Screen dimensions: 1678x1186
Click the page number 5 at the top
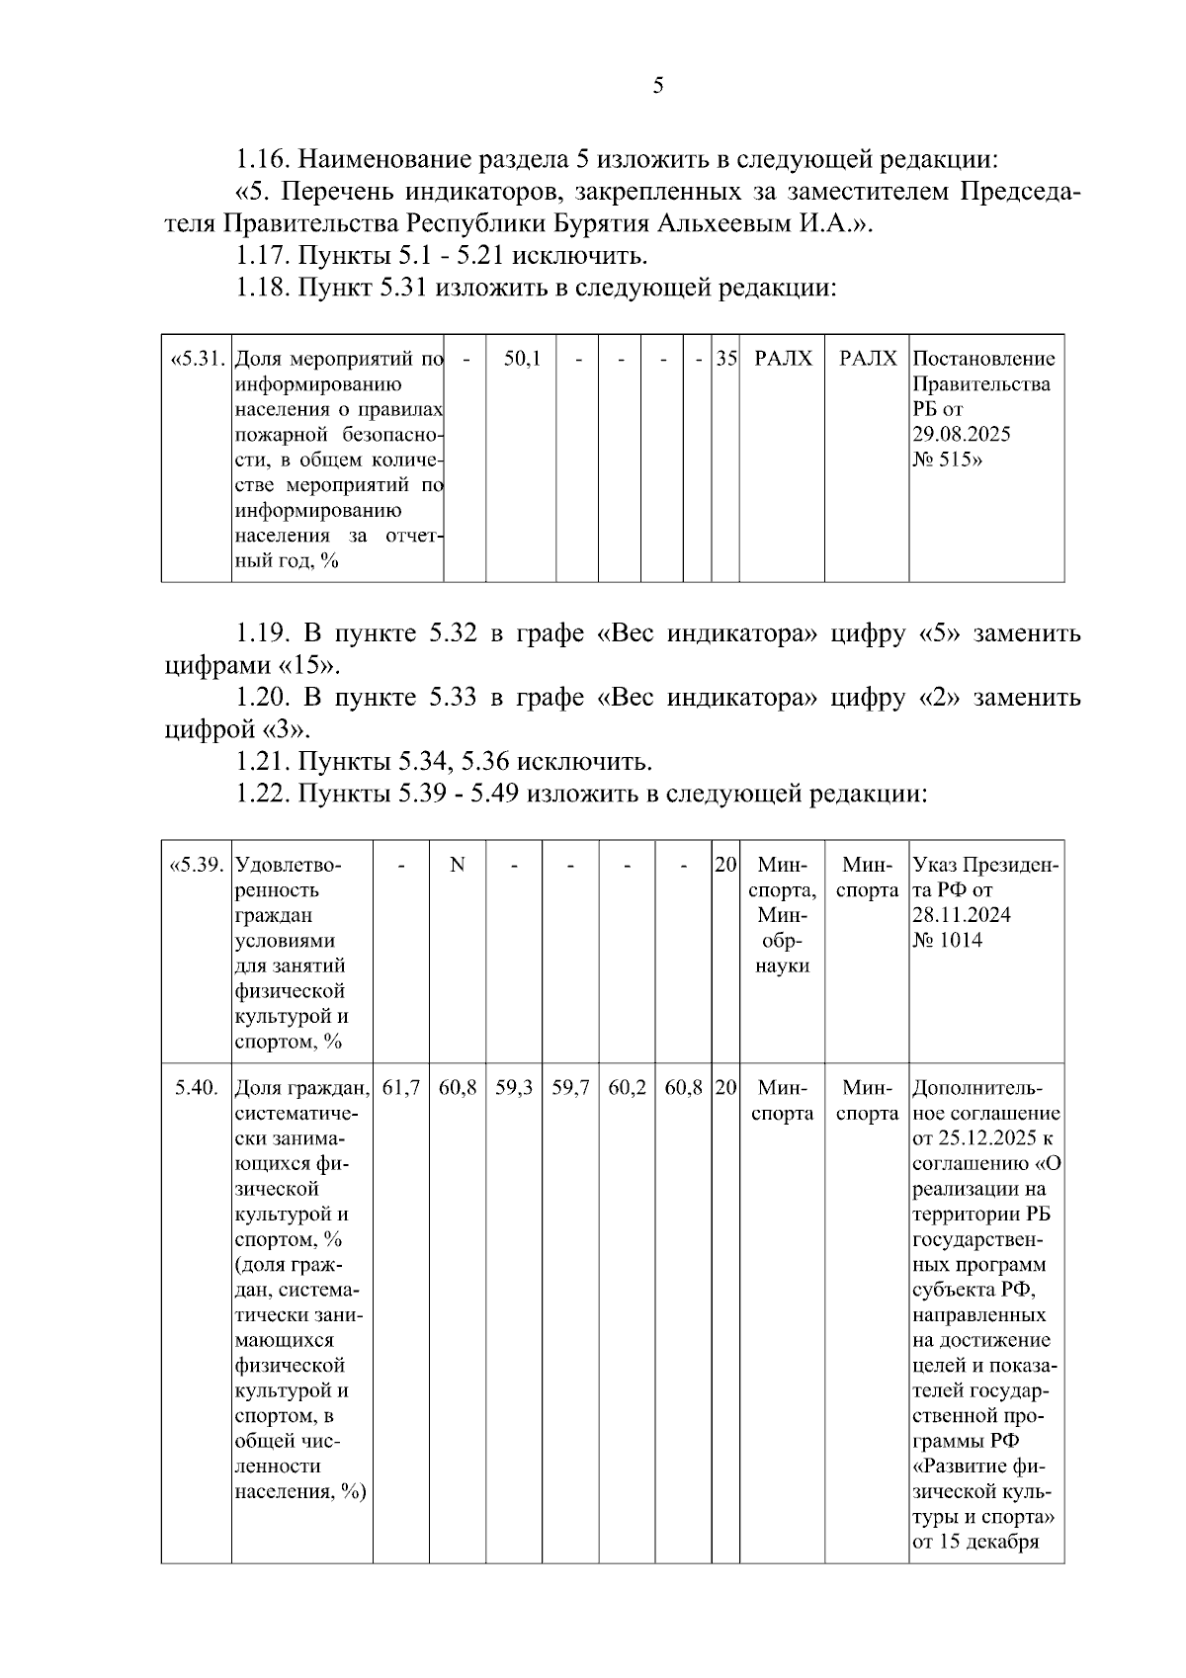pos(658,86)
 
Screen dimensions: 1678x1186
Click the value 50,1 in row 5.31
pos(522,359)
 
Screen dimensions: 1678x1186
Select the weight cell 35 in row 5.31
pos(726,359)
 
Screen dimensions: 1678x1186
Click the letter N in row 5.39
pos(458,866)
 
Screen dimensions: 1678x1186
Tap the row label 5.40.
pos(196,1089)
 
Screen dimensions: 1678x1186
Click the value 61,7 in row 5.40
pos(401,1089)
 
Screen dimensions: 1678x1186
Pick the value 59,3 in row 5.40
pos(514,1089)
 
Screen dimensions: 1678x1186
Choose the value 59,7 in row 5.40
pos(570,1089)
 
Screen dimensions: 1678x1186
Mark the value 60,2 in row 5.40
pos(628,1089)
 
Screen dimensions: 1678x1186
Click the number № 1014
pos(948,941)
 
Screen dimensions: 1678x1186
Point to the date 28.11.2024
pos(962,916)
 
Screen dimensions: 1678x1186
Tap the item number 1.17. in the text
pos(263,256)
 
